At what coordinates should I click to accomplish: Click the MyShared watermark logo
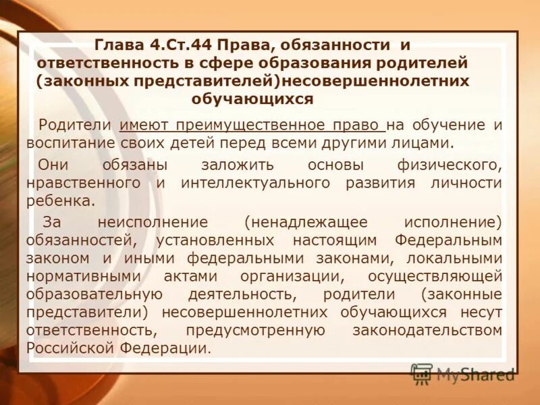tap(462, 373)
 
